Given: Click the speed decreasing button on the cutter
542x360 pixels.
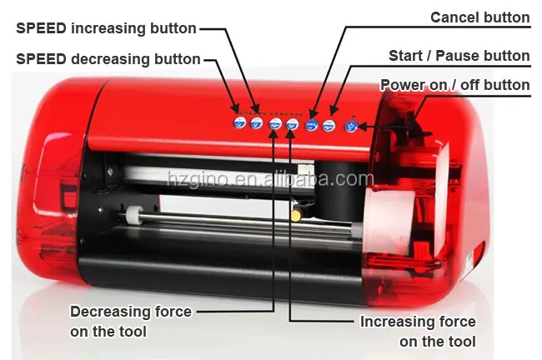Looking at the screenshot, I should pyautogui.click(x=239, y=123).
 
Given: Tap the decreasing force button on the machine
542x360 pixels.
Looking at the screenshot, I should pyautogui.click(x=274, y=124).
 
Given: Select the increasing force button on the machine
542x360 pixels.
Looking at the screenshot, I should pyautogui.click(x=292, y=124).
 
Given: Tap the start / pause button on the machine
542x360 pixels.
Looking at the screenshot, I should pyautogui.click(x=329, y=125).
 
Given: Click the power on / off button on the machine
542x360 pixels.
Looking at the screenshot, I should pyautogui.click(x=351, y=126).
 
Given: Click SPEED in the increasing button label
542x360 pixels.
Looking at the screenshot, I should pyautogui.click(x=41, y=28).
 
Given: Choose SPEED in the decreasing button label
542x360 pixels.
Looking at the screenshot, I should pyautogui.click(x=41, y=59).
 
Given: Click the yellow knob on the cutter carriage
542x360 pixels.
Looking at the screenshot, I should pyautogui.click(x=296, y=215).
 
